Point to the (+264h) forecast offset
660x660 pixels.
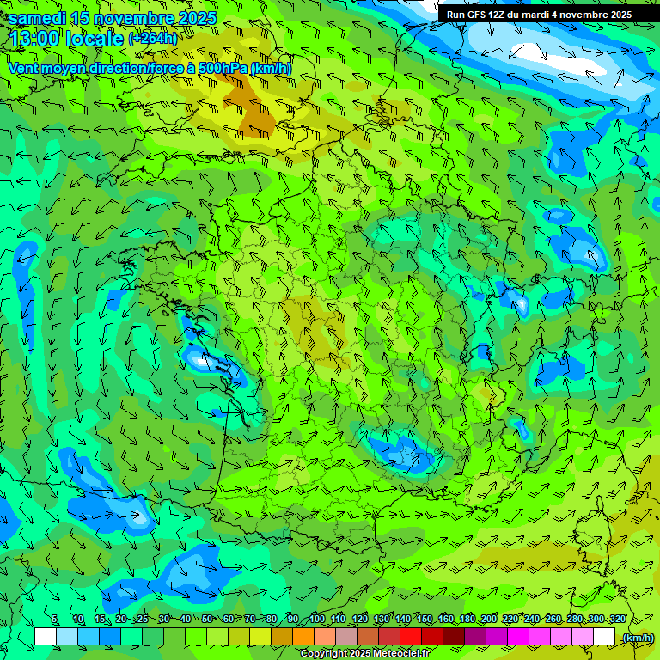152,39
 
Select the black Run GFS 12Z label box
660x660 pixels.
540,14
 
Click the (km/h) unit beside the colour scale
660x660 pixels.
637,638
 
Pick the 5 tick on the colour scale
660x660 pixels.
55,619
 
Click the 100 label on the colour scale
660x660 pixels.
317,619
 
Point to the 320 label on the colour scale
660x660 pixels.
617,619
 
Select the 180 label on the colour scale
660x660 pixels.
467,619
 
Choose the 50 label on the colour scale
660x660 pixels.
207,619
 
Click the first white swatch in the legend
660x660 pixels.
46,637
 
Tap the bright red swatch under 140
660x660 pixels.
411,637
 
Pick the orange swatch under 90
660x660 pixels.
303,637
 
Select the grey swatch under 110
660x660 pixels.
346,637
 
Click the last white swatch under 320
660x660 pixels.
604,637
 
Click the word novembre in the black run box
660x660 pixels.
583,15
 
